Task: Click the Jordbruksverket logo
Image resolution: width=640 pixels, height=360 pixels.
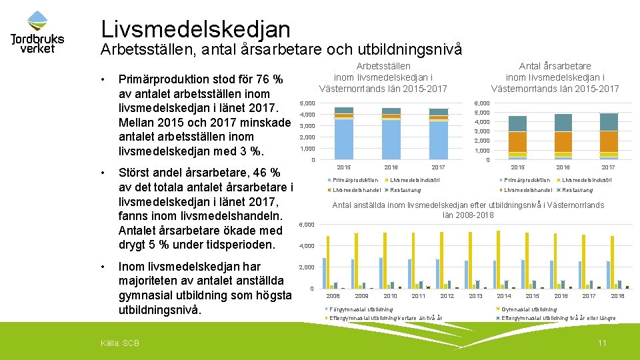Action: pyautogui.click(x=37, y=33)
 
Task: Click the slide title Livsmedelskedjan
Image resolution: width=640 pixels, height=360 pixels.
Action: pyautogui.click(x=195, y=29)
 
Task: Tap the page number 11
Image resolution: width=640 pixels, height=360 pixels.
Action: pyautogui.click(x=602, y=343)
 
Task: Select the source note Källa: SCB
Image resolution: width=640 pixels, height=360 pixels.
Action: pyautogui.click(x=119, y=343)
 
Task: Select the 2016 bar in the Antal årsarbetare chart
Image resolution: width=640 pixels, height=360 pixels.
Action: pyautogui.click(x=563, y=137)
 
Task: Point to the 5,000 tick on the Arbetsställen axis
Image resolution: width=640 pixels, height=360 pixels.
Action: pyautogui.click(x=307, y=103)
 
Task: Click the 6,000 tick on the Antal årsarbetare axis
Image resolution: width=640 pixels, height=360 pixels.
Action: pyautogui.click(x=481, y=103)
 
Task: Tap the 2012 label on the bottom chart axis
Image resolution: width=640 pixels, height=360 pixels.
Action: pyautogui.click(x=447, y=295)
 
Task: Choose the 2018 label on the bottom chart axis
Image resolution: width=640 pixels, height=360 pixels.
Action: pyautogui.click(x=617, y=295)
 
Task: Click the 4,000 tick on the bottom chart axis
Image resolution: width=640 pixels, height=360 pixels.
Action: pyautogui.click(x=307, y=246)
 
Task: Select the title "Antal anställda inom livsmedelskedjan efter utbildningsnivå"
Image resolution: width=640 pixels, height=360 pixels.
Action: pyautogui.click(x=468, y=205)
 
